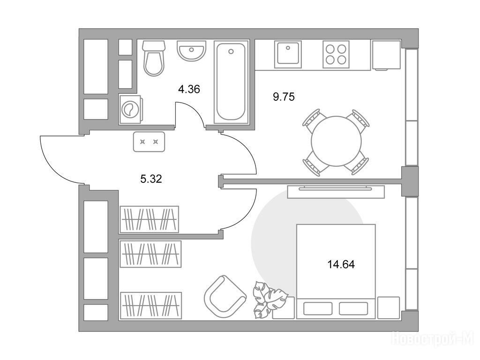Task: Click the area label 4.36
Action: (189, 89)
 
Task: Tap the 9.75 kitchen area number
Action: (284, 97)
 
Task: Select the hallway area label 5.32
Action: (151, 179)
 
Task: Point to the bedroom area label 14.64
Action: (341, 264)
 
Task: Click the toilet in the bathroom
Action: (154, 58)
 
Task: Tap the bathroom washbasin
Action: (191, 51)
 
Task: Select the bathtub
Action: (231, 82)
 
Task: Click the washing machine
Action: (130, 109)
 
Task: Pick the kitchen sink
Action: (288, 54)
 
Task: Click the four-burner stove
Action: (336, 54)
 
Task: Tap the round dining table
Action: (336, 141)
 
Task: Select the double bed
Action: (336, 271)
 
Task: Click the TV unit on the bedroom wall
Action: (336, 192)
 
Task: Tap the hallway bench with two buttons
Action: (149, 142)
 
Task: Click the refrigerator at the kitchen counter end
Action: (386, 55)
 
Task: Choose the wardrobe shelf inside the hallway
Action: (149, 219)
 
